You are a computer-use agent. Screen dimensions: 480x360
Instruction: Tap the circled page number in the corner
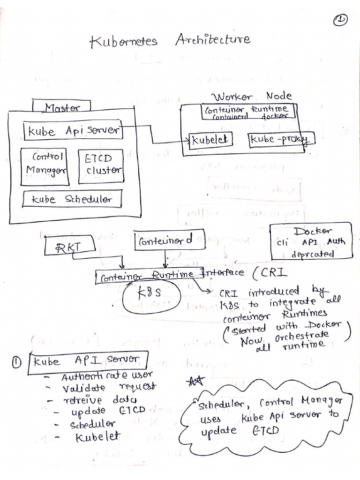pos(340,21)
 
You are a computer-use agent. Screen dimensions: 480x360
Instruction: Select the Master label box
pos(62,107)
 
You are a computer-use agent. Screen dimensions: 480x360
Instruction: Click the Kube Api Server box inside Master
pos(73,131)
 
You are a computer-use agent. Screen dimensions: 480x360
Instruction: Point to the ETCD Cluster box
pos(99,165)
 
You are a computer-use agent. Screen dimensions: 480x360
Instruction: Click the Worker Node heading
pos(252,96)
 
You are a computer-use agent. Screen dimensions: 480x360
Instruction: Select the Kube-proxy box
pos(281,139)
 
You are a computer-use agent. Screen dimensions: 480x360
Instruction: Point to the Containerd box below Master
pos(164,241)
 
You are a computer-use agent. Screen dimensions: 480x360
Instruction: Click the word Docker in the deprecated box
pos(314,231)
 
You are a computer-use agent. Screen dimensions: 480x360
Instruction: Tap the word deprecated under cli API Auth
pos(313,254)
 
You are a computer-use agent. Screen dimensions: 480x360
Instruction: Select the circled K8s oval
pos(152,296)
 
